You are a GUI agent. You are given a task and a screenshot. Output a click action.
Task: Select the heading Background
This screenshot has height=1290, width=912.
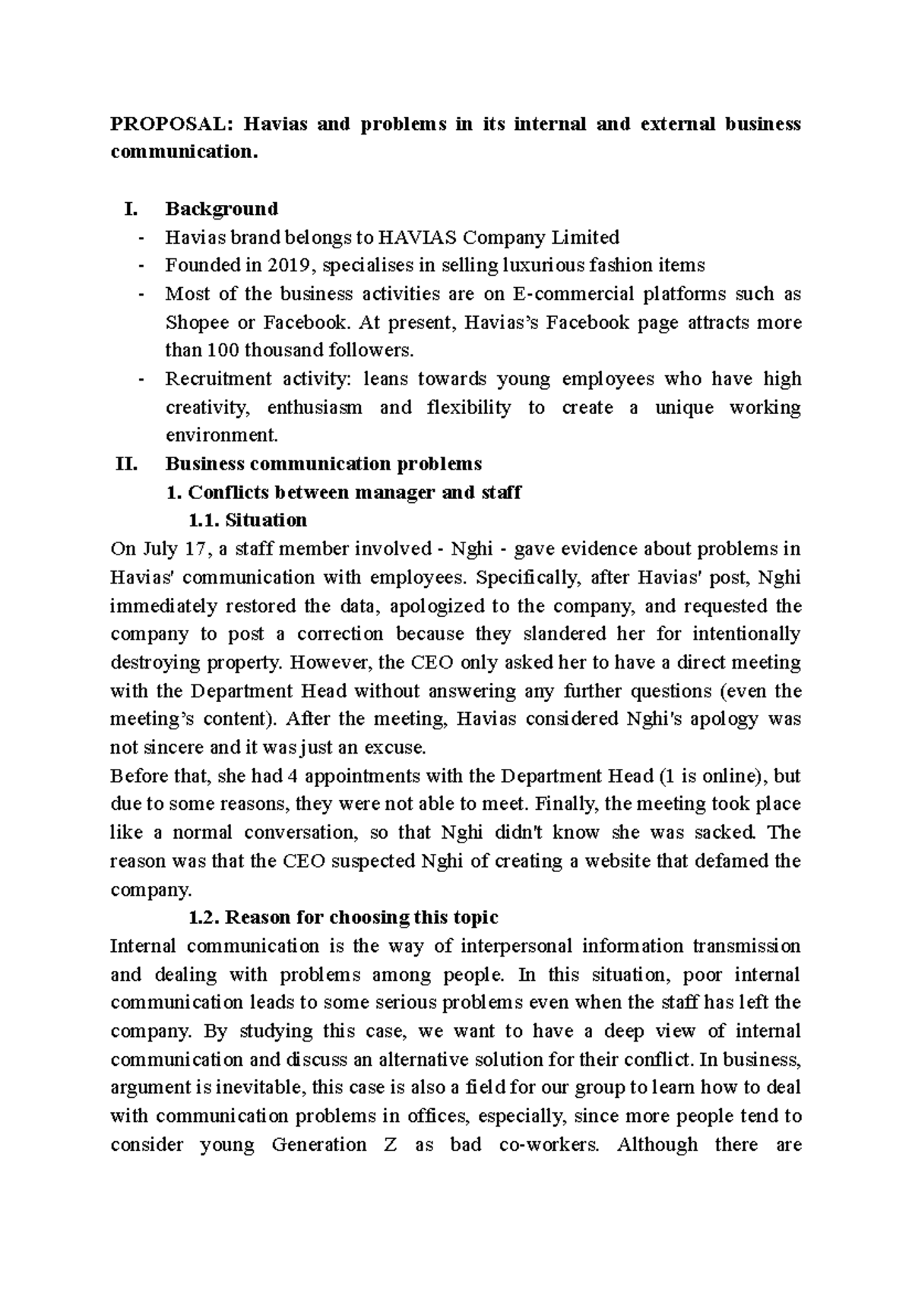(222, 209)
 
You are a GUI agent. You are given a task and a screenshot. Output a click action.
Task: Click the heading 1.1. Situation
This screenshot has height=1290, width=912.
(247, 520)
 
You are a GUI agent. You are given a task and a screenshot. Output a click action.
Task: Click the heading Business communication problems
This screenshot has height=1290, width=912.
(323, 463)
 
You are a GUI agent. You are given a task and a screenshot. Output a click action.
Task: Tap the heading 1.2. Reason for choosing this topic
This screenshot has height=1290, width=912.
(343, 917)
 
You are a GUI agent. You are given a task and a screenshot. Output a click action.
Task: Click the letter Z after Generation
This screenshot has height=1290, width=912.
(390, 1144)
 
